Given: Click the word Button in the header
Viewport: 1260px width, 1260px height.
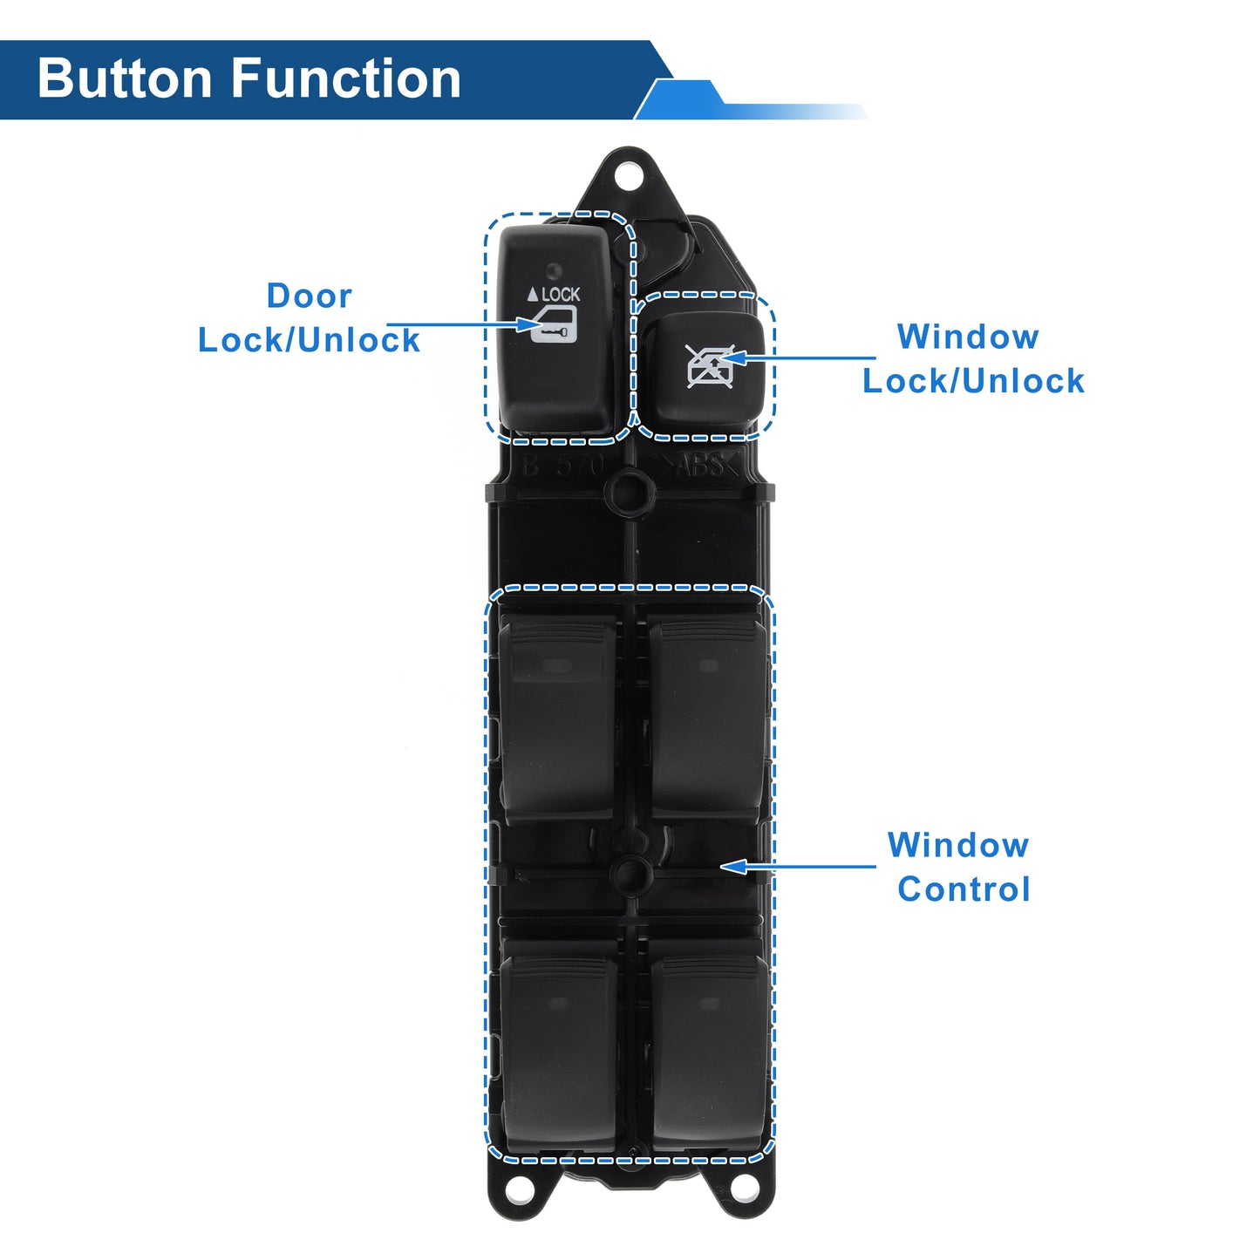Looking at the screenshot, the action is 124,78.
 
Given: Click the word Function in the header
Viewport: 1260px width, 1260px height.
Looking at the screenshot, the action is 346,78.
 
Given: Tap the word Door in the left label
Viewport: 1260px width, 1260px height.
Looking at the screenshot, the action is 310,296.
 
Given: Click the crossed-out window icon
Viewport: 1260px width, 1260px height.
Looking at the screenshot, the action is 710,367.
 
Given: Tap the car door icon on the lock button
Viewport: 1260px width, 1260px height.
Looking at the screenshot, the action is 553,325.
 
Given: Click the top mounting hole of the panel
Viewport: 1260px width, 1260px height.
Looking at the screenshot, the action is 629,176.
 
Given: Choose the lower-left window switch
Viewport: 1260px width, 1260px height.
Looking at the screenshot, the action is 559,1052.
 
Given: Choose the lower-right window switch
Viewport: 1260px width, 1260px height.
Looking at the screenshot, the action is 710,1052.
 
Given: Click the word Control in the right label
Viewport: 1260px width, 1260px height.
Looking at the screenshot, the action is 964,889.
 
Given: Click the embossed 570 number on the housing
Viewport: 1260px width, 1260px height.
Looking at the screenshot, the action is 579,467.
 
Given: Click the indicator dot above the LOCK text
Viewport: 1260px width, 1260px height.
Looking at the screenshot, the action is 554,270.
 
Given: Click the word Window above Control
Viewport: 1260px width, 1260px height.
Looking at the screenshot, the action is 958,845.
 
